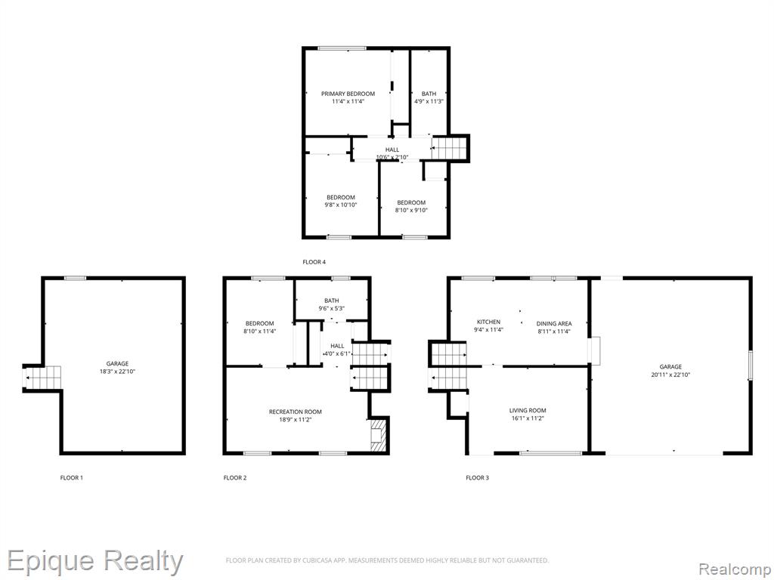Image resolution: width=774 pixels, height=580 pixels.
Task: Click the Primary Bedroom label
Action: (348, 94)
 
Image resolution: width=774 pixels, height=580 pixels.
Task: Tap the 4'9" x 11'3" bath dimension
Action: (429, 102)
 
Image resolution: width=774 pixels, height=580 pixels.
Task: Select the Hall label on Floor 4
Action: (392, 150)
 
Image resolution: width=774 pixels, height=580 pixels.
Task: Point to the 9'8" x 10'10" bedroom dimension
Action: (341, 205)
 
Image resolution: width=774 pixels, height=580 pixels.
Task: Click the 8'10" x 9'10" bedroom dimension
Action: (411, 210)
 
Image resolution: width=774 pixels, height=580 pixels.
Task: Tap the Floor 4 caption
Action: (314, 262)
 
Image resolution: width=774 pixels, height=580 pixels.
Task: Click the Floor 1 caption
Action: (72, 477)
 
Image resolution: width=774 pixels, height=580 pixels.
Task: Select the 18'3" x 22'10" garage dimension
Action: (117, 372)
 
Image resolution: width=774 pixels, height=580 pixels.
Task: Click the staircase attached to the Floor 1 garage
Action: (43, 378)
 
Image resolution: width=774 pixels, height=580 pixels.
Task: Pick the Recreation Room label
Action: (296, 412)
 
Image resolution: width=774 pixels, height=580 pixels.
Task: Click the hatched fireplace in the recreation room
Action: (378, 435)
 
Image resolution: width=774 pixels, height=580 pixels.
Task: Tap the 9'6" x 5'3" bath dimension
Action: (332, 308)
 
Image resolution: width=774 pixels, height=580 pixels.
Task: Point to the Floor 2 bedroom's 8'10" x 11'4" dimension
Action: (260, 332)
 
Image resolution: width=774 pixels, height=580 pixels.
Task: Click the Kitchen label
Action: (489, 322)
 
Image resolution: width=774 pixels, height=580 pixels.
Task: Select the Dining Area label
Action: (554, 323)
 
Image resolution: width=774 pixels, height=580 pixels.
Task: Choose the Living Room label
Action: (528, 410)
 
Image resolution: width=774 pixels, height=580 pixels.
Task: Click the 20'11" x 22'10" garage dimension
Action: (670, 375)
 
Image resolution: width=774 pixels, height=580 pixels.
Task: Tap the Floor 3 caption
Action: (478, 477)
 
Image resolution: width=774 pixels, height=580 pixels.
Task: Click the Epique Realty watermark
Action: (94, 562)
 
